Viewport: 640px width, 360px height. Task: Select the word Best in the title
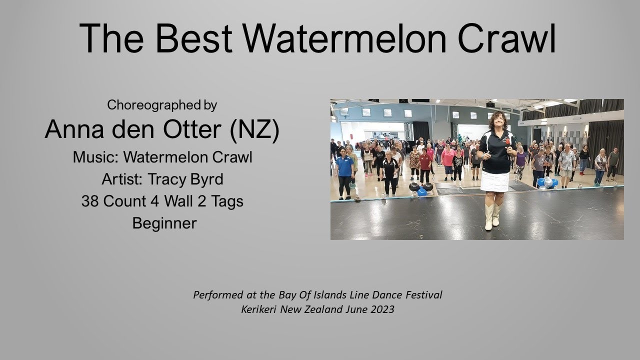pyautogui.click(x=200, y=39)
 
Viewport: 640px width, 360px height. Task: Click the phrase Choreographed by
pyautogui.click(x=162, y=105)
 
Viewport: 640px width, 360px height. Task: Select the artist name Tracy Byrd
pyautogui.click(x=184, y=179)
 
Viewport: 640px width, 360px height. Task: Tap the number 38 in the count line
pyautogui.click(x=89, y=201)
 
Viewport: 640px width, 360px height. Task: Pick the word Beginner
pyautogui.click(x=164, y=223)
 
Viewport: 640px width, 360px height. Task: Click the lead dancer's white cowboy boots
pyautogui.click(x=492, y=216)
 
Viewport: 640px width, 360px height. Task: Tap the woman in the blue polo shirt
pyautogui.click(x=344, y=172)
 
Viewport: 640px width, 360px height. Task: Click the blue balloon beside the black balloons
pyautogui.click(x=422, y=192)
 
